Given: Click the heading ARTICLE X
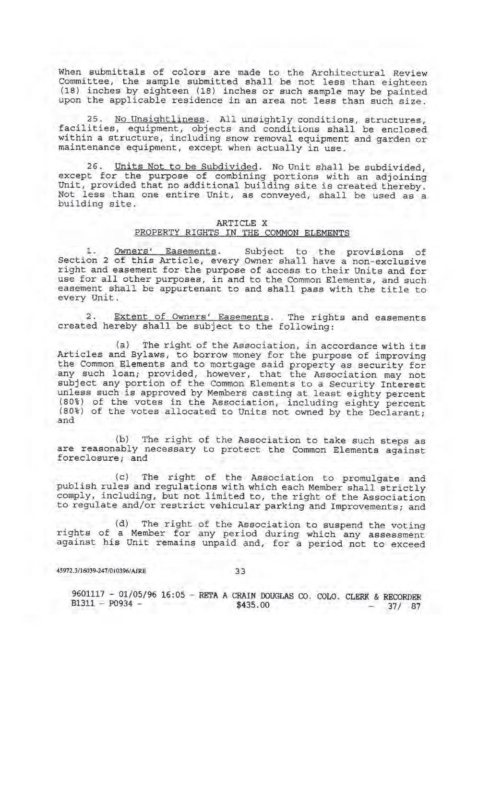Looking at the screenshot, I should point(242,223).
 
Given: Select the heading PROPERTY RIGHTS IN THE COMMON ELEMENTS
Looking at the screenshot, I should point(242,233).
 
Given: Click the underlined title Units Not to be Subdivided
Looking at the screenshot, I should point(183,167).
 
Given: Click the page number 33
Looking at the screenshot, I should point(240,571).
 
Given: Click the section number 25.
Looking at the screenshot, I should point(96,120).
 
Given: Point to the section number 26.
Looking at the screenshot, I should point(96,167).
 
